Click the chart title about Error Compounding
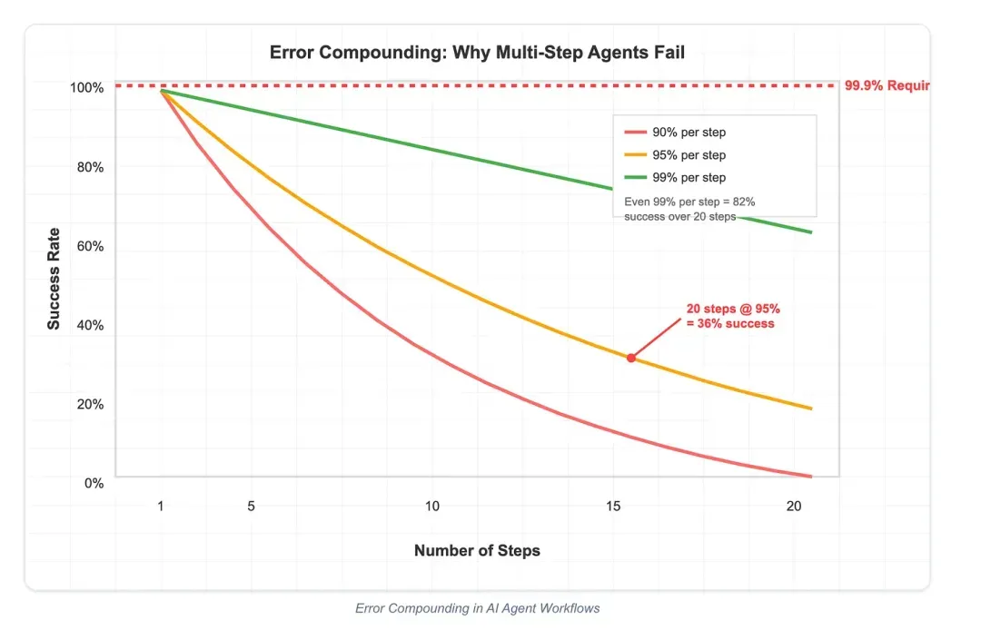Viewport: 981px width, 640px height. point(477,53)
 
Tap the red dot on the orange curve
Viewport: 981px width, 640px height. point(631,358)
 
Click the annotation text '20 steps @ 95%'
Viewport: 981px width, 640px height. point(732,310)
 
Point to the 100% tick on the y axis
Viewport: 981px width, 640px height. point(88,88)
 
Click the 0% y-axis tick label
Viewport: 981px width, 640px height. point(94,483)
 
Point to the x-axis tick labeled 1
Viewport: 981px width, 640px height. point(161,506)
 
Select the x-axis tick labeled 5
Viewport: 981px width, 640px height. point(251,506)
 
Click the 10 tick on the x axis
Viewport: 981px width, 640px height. point(432,506)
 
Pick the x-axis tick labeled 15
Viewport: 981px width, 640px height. point(613,506)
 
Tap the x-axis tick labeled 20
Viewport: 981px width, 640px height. point(794,506)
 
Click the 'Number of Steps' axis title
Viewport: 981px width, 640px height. point(477,550)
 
